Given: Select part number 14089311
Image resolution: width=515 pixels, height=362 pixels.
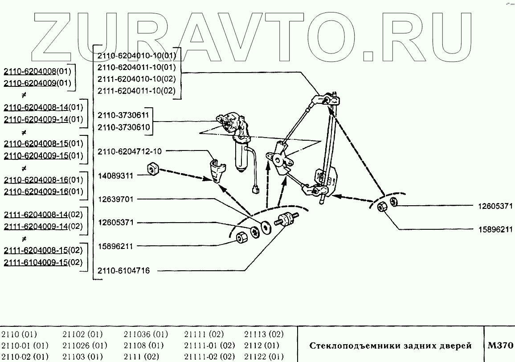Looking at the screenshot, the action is (x=115, y=175).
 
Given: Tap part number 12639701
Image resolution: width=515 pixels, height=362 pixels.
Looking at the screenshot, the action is (x=115, y=199).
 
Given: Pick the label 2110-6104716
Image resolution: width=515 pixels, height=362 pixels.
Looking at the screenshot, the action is (x=123, y=270).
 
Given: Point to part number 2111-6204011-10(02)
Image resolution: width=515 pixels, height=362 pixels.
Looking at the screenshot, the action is (x=137, y=91).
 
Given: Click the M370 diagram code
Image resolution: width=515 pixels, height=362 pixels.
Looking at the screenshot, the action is (x=500, y=345).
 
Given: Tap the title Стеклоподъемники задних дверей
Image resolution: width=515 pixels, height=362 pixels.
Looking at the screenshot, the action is (x=390, y=346).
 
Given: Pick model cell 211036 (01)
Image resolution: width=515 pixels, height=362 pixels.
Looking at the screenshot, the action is (x=146, y=334).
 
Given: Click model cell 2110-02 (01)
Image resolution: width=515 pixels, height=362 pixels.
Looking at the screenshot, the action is (x=25, y=357).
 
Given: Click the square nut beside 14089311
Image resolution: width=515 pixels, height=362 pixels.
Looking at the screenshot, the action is (x=152, y=169).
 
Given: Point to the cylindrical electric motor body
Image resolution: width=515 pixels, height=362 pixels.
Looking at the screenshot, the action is (x=242, y=156).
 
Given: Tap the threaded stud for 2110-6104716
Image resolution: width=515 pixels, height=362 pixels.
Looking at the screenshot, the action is (x=288, y=219).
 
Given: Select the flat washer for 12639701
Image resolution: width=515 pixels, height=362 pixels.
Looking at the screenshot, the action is (x=267, y=227).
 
